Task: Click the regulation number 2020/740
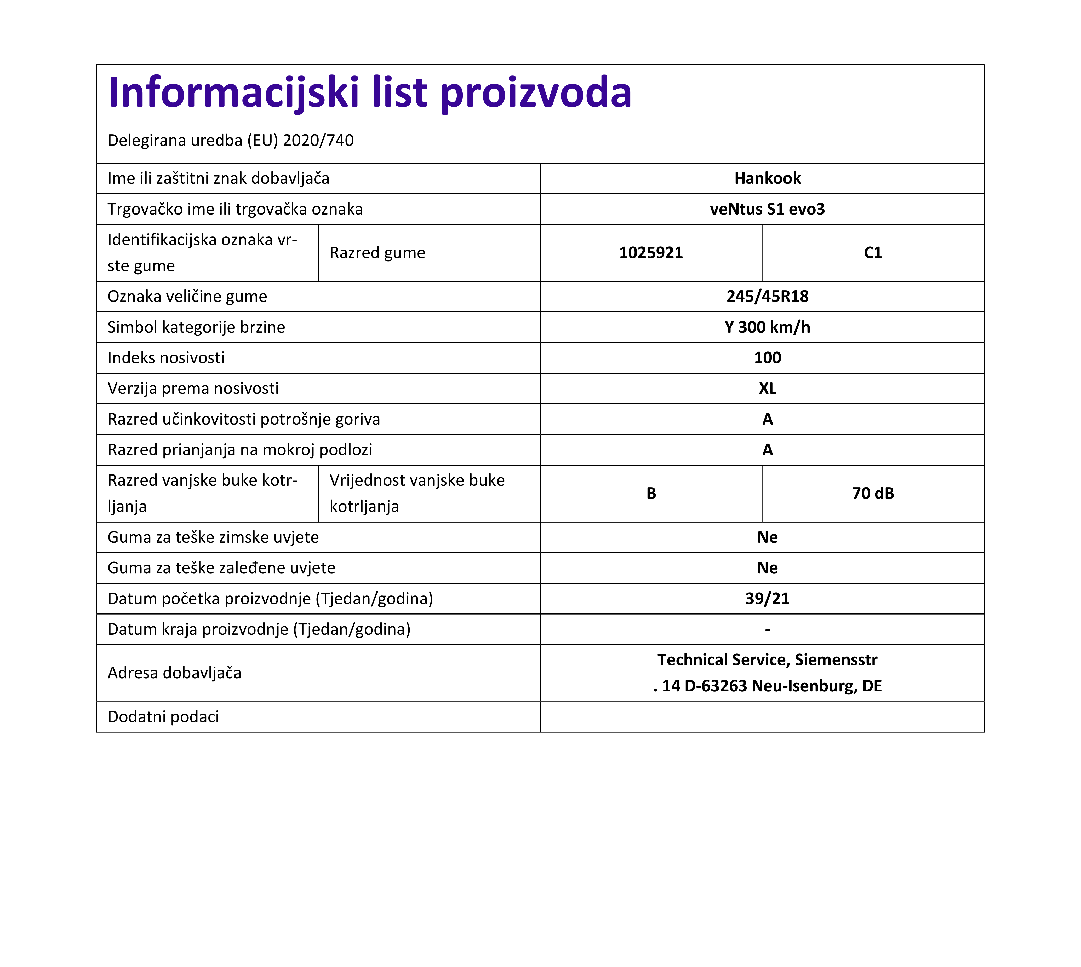point(318,140)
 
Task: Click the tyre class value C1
point(873,253)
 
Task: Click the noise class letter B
point(651,494)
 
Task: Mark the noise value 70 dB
point(873,494)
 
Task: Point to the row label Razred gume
point(377,253)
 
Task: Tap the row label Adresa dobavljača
point(174,673)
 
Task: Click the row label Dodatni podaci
point(163,717)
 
